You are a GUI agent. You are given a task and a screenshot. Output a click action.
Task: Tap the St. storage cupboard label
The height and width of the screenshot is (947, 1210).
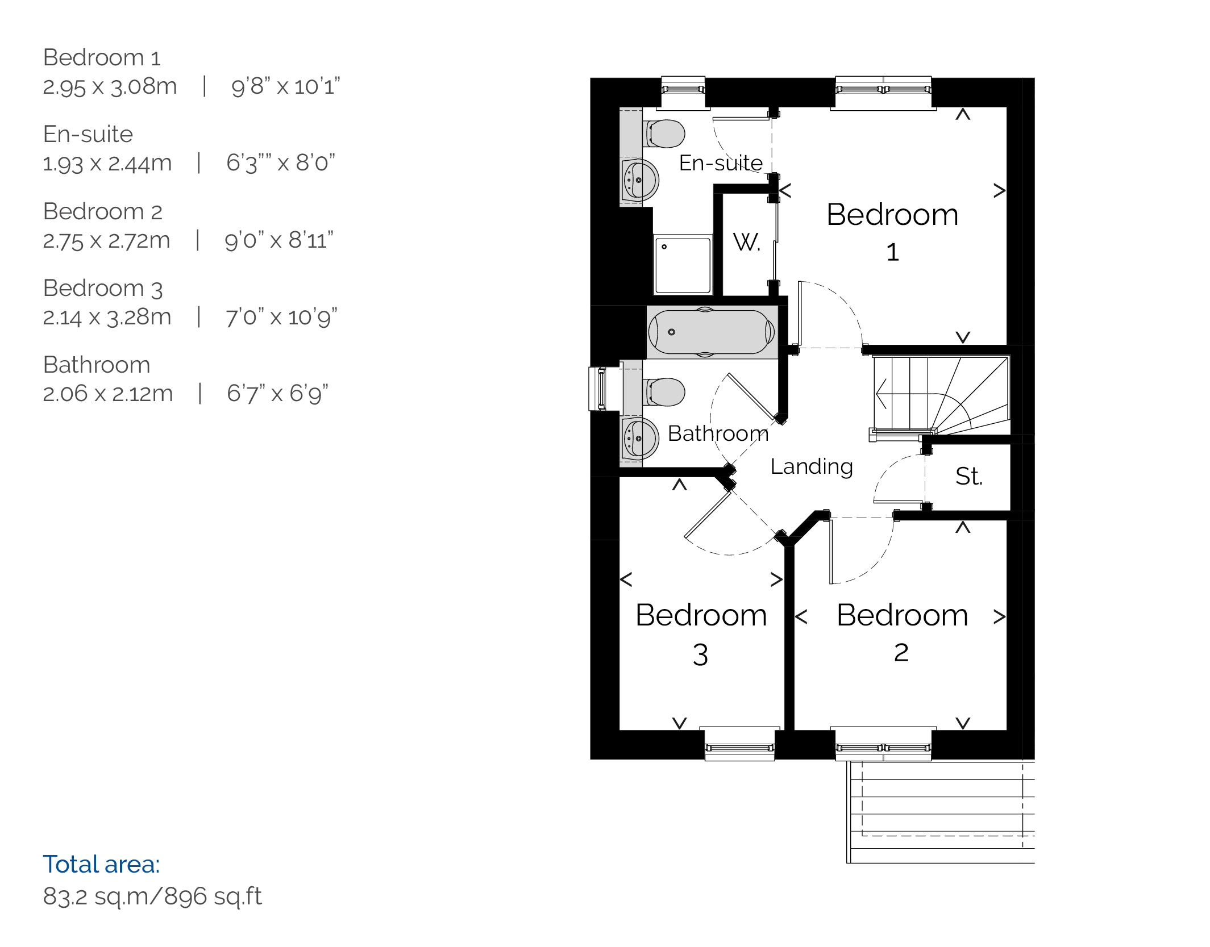coord(969,476)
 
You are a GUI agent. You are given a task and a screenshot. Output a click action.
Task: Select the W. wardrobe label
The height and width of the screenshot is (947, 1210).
coord(747,242)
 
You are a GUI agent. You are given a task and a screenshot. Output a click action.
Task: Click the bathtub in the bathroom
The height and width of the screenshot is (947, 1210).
coord(712,332)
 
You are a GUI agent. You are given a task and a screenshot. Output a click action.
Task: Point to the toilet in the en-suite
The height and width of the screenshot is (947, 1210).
coord(664,134)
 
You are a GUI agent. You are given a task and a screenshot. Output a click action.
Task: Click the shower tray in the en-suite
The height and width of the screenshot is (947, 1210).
coord(683,265)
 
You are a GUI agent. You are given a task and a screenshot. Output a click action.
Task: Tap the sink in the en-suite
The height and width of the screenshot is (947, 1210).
coord(640,180)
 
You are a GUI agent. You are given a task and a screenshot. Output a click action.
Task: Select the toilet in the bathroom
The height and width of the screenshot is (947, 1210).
coord(664,392)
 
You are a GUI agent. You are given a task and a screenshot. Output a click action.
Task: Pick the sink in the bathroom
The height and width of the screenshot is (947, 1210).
coord(640,439)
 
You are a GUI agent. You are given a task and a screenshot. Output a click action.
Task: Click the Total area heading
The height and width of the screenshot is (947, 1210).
coord(101,864)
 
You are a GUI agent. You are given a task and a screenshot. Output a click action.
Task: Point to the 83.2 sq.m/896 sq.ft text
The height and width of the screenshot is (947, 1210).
coord(152,896)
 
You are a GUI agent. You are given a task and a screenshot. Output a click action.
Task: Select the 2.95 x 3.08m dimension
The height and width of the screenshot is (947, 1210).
coord(110,86)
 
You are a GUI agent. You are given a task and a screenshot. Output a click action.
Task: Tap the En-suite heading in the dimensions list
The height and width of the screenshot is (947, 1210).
coord(88,134)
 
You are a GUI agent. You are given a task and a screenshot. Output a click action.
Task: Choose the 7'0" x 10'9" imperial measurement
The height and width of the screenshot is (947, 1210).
coord(281,317)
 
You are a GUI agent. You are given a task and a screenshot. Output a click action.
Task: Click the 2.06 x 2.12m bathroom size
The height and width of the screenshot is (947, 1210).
coord(108,393)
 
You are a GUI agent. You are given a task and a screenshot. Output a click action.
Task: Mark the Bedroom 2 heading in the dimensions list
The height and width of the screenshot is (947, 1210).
coord(103,211)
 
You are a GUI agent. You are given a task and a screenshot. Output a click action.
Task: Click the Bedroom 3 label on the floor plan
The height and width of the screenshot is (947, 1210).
coord(701,634)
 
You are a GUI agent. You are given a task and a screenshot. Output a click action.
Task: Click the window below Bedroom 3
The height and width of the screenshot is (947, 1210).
coord(739,744)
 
